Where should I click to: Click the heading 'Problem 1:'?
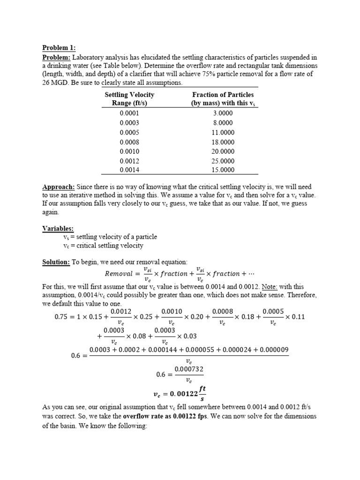[x=59, y=48]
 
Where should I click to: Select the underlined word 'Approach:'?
[x=58, y=187]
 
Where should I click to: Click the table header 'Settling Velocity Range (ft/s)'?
[x=129, y=99]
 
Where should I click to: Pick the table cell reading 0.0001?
[x=129, y=113]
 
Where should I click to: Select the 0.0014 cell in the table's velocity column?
[x=129, y=170]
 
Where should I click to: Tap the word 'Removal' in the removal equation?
[x=119, y=274]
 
